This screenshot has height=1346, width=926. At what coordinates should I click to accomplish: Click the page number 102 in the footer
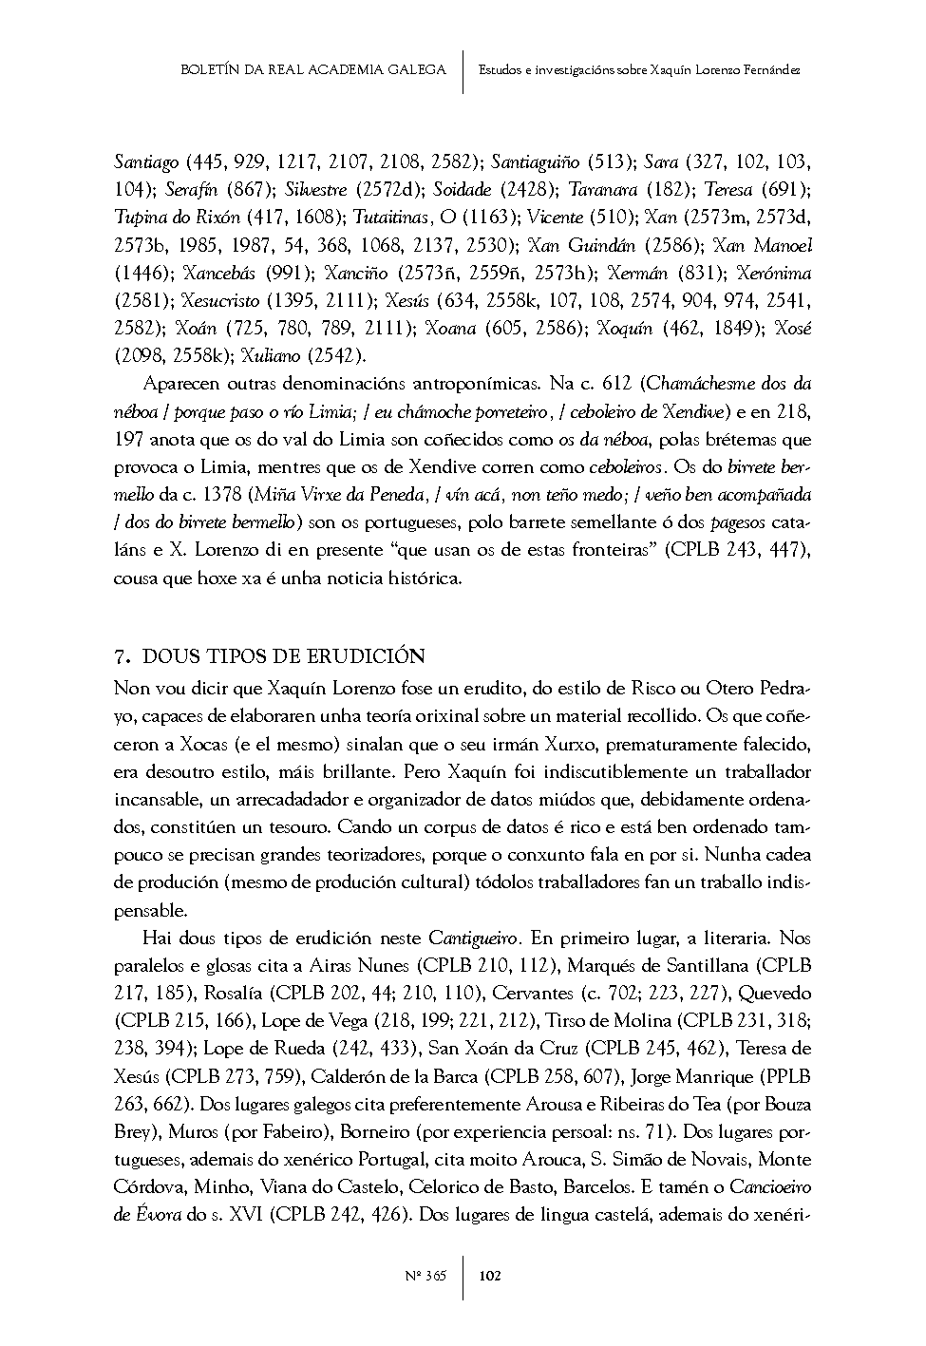click(490, 1276)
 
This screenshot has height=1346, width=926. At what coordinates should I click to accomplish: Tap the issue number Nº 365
click(430, 1276)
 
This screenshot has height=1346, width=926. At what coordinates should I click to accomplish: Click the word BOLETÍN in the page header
click(210, 69)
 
